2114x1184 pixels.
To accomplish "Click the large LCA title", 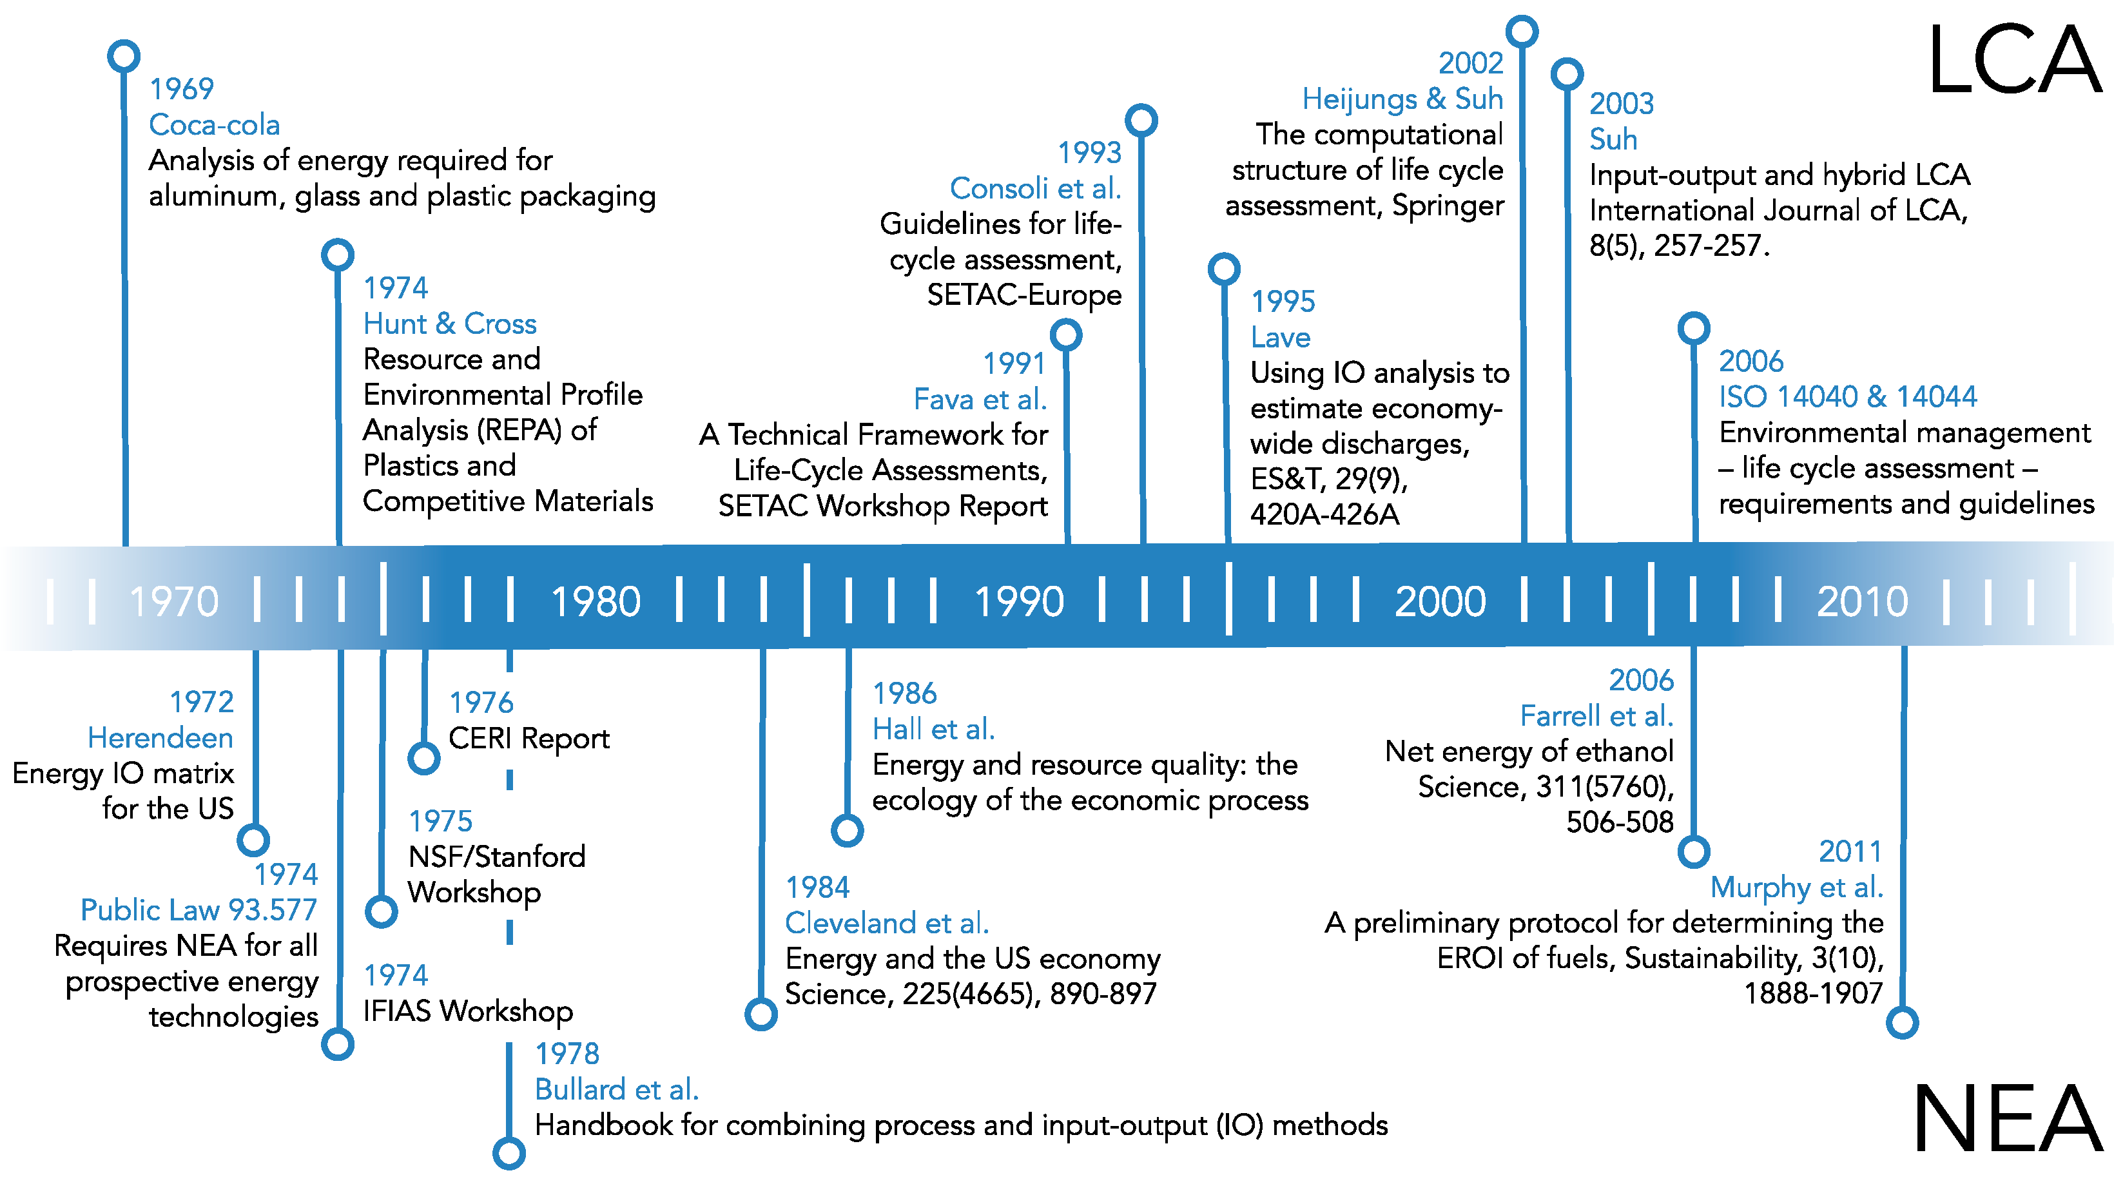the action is click(x=2015, y=61).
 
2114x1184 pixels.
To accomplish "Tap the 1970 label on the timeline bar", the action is click(x=174, y=601).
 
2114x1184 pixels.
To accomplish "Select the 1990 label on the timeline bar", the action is click(x=1019, y=601).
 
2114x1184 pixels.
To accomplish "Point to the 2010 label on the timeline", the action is click(x=1862, y=601).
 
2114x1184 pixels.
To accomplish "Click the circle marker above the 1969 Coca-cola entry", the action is click(x=124, y=56).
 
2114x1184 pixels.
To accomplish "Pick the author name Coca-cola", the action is click(x=214, y=125).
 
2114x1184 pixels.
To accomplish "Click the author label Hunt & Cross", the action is click(x=450, y=324).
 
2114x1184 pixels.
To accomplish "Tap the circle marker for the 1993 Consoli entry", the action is click(x=1141, y=120).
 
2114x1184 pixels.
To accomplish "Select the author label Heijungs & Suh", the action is click(x=1402, y=99).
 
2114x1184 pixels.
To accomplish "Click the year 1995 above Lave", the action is click(x=1283, y=301).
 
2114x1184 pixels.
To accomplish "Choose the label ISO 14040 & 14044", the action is click(x=1848, y=396).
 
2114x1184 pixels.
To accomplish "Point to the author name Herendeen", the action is click(x=161, y=737).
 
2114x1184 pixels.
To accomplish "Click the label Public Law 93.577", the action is click(x=199, y=909).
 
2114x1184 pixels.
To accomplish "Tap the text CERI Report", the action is click(x=529, y=739).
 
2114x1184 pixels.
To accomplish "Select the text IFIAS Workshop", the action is click(x=468, y=1011).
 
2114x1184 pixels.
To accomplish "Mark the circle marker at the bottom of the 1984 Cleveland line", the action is click(x=761, y=1014).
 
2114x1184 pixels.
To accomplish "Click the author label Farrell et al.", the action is click(x=1597, y=715).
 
